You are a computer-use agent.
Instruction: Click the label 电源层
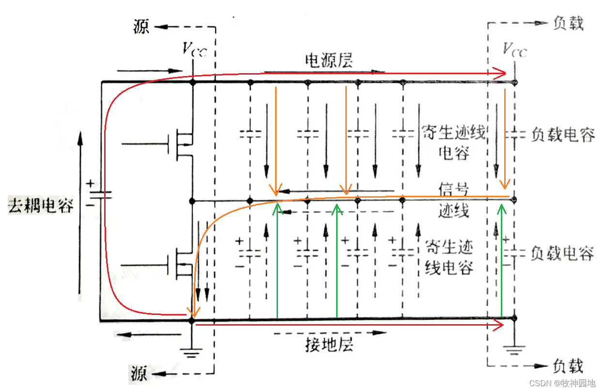329,61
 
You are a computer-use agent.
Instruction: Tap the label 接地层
329,345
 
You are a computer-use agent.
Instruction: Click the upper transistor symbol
182,143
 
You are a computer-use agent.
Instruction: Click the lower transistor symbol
182,264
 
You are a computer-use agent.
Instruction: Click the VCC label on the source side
194,49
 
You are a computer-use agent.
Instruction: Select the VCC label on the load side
514,49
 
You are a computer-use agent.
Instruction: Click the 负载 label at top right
568,23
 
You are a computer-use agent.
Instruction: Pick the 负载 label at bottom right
568,366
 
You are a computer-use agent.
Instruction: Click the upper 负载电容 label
562,135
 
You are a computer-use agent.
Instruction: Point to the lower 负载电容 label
562,253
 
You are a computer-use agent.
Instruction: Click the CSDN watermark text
561,383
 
